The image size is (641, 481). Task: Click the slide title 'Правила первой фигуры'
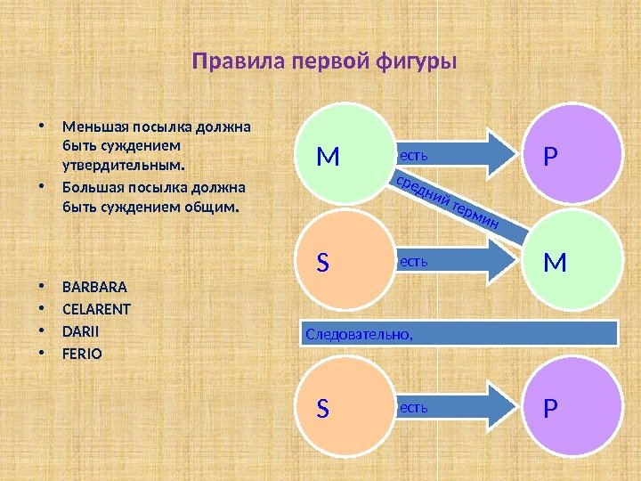point(324,63)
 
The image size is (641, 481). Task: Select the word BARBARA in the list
point(95,288)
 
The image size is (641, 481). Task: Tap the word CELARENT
point(97,310)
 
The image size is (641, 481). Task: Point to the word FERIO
point(83,354)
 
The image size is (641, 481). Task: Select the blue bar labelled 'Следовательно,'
point(458,333)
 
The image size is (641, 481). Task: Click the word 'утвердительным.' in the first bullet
point(125,165)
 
